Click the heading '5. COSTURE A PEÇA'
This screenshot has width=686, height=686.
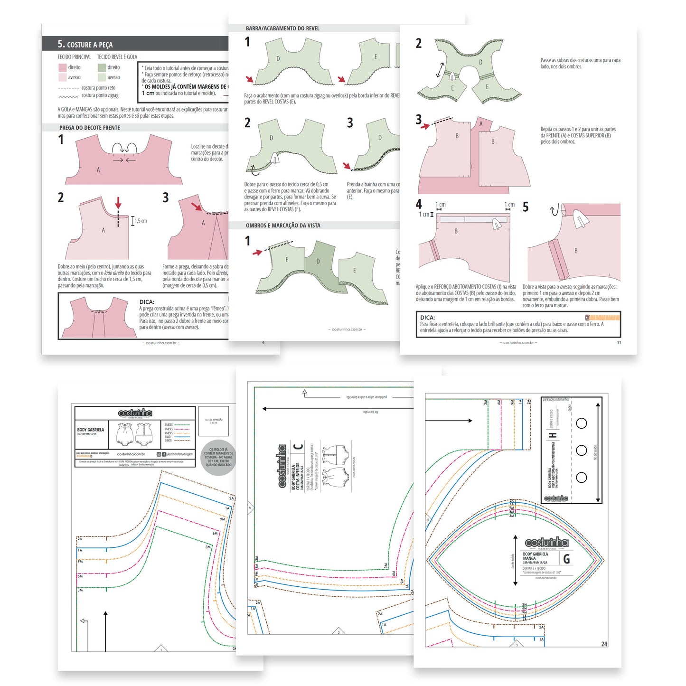pyautogui.click(x=85, y=44)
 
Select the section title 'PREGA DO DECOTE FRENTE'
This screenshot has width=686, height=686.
pyautogui.click(x=89, y=128)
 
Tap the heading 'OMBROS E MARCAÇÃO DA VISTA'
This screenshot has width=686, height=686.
pyautogui.click(x=283, y=226)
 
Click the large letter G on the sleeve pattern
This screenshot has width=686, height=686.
pyautogui.click(x=566, y=559)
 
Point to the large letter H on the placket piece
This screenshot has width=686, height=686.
pyautogui.click(x=553, y=435)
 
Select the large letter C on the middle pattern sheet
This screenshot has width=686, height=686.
pyautogui.click(x=298, y=446)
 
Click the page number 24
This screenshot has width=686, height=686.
pyautogui.click(x=604, y=644)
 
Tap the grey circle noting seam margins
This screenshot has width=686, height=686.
pyautogui.click(x=218, y=457)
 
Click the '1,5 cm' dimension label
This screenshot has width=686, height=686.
pyautogui.click(x=141, y=221)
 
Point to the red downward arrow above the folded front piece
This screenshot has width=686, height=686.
pyautogui.click(x=118, y=203)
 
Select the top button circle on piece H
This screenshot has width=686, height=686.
pyautogui.click(x=582, y=423)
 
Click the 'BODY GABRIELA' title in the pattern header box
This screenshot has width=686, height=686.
pyautogui.click(x=90, y=430)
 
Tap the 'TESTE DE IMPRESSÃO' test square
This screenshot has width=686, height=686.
pyautogui.click(x=214, y=421)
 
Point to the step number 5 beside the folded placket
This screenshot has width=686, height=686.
pyautogui.click(x=526, y=207)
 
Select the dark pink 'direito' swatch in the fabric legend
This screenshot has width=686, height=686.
pyautogui.click(x=62, y=67)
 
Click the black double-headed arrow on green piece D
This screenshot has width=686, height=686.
pyautogui.click(x=441, y=70)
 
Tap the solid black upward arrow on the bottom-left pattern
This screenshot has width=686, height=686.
pyautogui.click(x=105, y=631)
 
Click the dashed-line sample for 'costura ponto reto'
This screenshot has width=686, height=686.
pyautogui.click(x=68, y=88)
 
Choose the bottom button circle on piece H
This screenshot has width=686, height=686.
pyautogui.click(x=582, y=477)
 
